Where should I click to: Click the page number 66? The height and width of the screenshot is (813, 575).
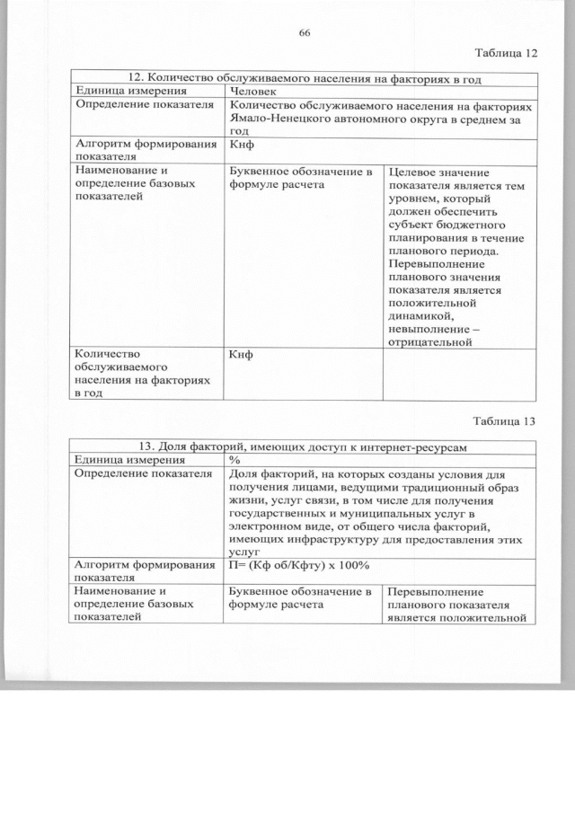pos(304,33)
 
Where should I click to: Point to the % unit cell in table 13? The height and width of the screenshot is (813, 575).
pos(235,460)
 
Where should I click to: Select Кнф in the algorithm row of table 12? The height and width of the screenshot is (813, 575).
pos(241,145)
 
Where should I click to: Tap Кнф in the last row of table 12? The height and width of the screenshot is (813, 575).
pos(241,354)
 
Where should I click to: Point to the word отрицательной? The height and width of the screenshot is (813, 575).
pos(431,341)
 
